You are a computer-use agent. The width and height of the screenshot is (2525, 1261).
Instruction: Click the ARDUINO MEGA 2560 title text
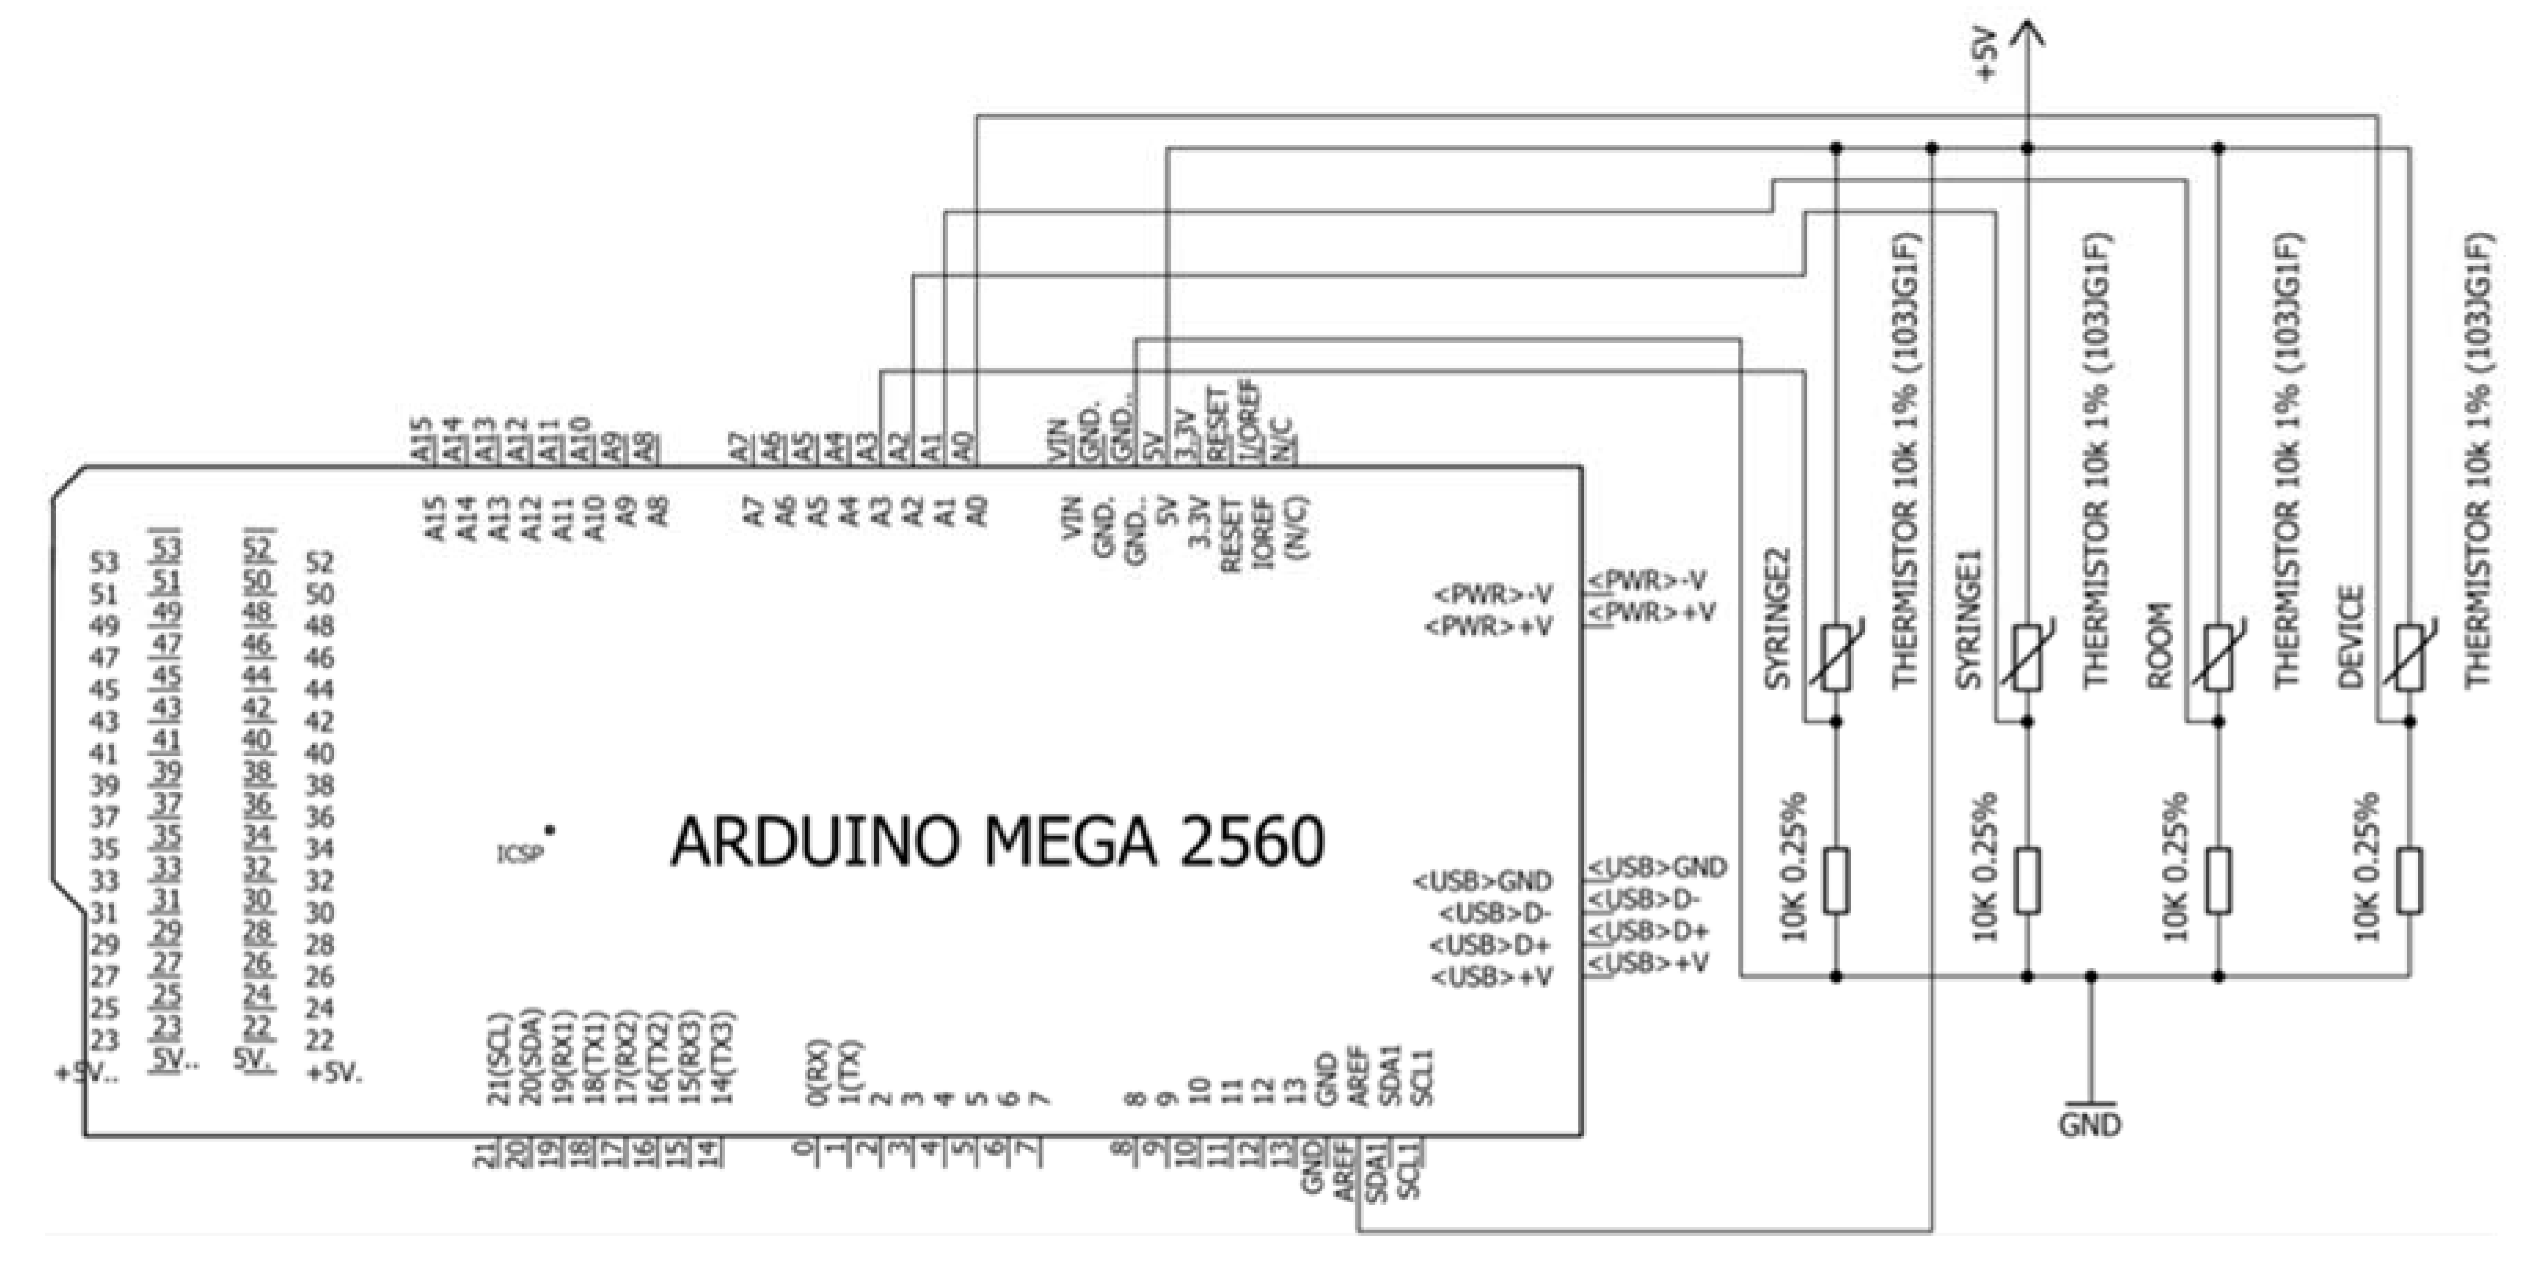point(997,841)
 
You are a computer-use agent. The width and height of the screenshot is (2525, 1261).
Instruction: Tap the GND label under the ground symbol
point(2089,1124)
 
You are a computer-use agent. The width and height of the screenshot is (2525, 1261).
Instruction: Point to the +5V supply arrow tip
point(2027,28)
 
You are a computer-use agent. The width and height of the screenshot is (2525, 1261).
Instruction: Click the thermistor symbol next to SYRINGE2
point(1836,657)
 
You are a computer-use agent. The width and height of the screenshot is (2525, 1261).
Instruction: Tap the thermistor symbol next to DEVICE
point(2410,657)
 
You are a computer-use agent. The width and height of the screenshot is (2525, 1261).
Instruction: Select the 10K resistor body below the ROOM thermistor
point(2219,880)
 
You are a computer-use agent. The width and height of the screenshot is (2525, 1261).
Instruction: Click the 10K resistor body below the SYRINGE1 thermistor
point(2027,880)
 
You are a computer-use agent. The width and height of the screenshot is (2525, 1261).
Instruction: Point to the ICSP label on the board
point(519,853)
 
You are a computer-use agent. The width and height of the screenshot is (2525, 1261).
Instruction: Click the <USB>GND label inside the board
point(1482,880)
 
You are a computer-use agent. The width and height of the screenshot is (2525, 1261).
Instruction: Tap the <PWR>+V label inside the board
point(1488,626)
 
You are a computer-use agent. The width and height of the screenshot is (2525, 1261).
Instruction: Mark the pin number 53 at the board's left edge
point(104,562)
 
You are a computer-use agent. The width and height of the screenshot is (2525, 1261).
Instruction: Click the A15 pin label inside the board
point(436,517)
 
